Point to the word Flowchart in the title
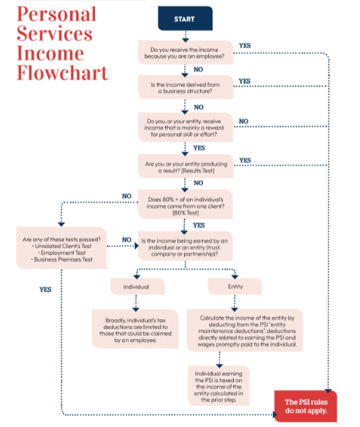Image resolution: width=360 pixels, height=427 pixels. click(x=62, y=73)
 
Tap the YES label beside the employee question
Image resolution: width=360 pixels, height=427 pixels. click(x=244, y=46)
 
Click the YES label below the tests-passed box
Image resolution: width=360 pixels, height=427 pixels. click(x=45, y=289)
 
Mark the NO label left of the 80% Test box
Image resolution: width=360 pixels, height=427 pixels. click(x=126, y=196)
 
